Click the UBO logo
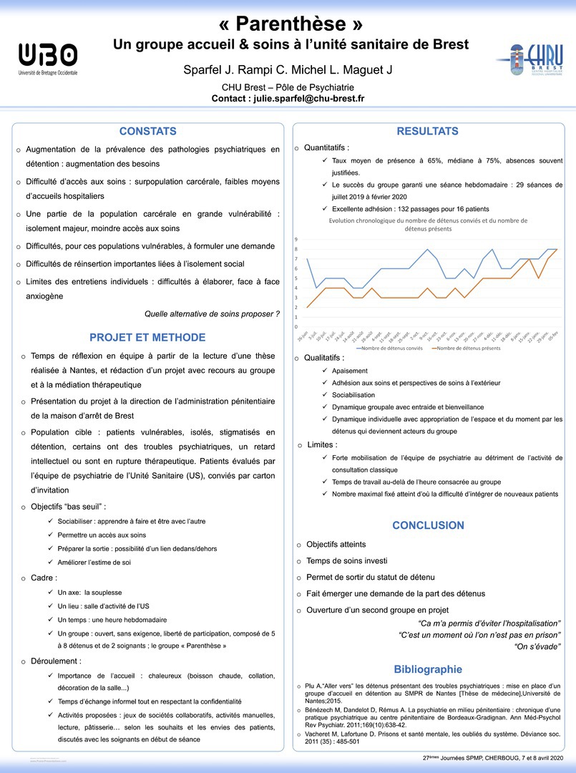pyautogui.click(x=48, y=58)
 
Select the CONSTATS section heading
pyautogui.click(x=147, y=132)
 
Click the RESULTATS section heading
pyautogui.click(x=427, y=132)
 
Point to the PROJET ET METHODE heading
pyautogui.click(x=147, y=338)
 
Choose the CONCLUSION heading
pyautogui.click(x=428, y=525)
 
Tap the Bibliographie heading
pyautogui.click(x=428, y=669)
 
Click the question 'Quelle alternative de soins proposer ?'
pyautogui.click(x=212, y=313)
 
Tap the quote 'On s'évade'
pyautogui.click(x=537, y=647)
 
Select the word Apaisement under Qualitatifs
pyautogui.click(x=350, y=371)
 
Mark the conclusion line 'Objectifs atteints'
pyautogui.click(x=336, y=545)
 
